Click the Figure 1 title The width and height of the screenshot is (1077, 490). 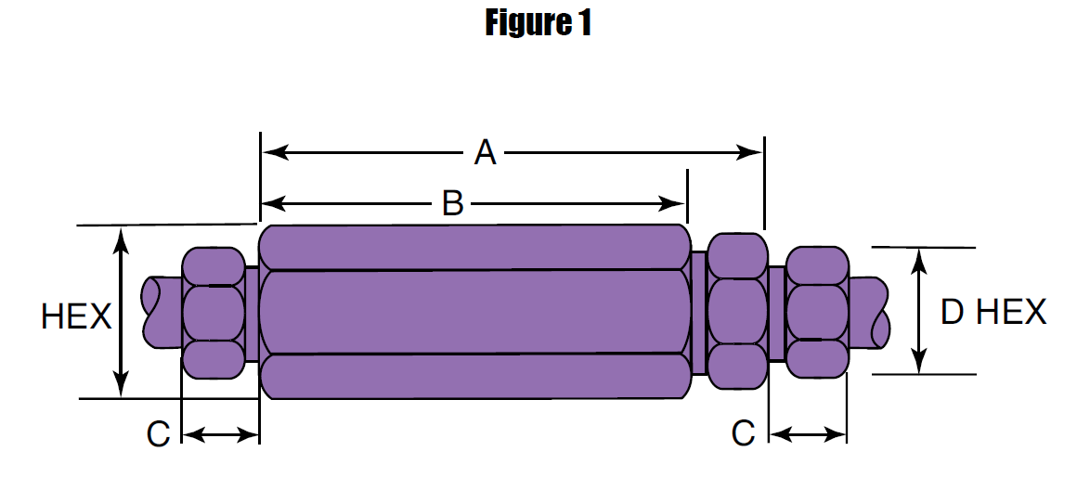pos(538,23)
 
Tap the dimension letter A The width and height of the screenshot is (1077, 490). pos(485,152)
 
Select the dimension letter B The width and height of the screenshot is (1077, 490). pos(452,202)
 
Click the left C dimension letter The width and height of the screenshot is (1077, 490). pos(159,433)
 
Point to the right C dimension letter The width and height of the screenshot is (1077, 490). pos(743,433)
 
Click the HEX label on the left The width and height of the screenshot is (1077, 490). pos(76,317)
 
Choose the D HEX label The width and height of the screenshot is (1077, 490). pos(993,312)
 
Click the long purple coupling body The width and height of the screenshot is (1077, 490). pos(474,312)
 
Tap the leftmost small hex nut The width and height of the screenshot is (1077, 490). pos(214,313)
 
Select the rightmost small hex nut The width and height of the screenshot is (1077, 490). pos(817,312)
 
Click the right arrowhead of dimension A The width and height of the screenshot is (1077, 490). pos(752,152)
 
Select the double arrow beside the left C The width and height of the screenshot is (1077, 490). pos(220,433)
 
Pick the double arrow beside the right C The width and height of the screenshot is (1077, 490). pos(809,433)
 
